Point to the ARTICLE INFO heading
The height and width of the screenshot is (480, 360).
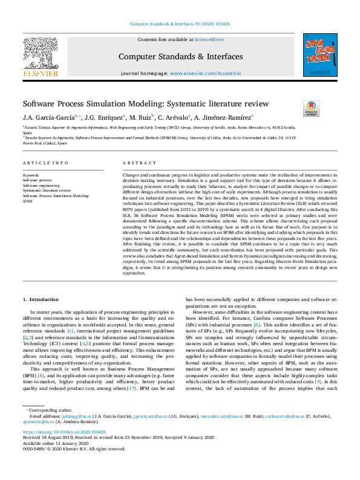coord(41,163)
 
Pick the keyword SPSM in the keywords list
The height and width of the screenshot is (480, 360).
coord(27,201)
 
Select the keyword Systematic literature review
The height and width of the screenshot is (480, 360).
coord(47,190)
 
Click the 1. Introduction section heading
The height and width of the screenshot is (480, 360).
coord(41,299)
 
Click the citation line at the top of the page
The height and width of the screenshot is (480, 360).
coord(180,24)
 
